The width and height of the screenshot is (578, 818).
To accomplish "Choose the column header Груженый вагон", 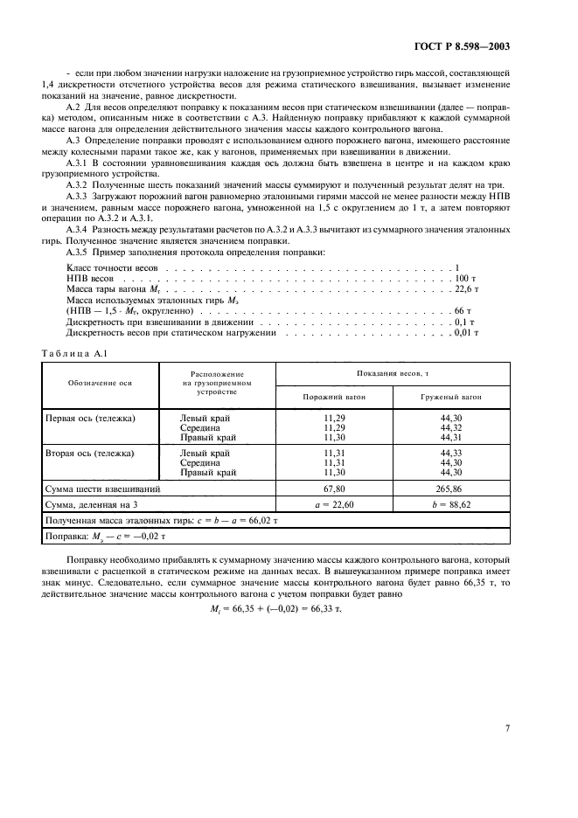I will (x=451, y=397).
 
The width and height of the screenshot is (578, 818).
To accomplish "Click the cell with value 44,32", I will (x=451, y=427).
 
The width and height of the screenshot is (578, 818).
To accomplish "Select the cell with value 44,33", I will (x=451, y=454).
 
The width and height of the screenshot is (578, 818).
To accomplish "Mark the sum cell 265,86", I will (x=451, y=489).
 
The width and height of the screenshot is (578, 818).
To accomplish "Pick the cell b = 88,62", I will (x=451, y=505).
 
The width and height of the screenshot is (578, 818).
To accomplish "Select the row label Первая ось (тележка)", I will (x=90, y=419).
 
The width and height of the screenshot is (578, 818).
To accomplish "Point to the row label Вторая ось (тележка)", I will (x=90, y=454).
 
